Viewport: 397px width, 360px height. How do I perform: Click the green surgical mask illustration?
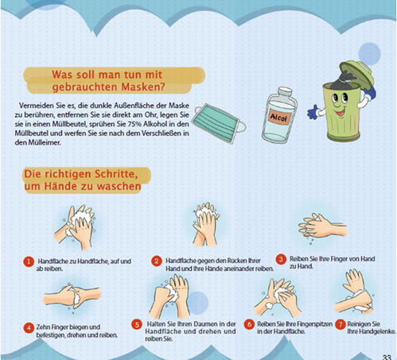220,122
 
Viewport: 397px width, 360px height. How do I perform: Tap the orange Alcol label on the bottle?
278,117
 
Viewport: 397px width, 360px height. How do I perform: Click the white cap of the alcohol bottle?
285,91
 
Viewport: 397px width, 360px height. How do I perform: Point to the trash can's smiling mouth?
341,113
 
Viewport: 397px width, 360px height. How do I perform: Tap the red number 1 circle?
29,261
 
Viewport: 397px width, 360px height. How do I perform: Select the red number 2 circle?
157,261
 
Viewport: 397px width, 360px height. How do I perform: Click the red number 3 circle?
281,259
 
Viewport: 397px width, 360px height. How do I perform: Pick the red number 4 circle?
29,328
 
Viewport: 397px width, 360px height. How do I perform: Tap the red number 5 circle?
137,325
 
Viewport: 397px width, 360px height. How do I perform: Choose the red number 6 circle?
249,324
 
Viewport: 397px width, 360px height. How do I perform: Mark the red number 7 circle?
340,324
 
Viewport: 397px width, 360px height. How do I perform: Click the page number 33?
387,357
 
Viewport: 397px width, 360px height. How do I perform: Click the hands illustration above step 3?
322,228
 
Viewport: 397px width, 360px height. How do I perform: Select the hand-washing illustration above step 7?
355,292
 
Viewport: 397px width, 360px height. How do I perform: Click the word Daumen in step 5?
204,324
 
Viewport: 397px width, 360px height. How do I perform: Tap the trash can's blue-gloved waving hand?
313,112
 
